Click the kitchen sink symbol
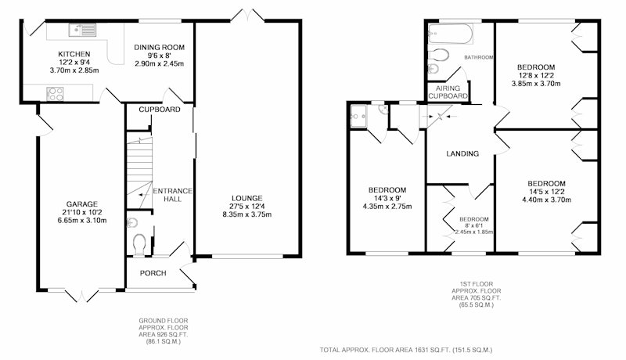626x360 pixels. [82, 30]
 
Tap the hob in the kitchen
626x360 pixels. [55, 94]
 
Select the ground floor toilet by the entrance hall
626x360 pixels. [139, 244]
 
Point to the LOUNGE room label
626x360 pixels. [247, 198]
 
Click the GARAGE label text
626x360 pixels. [82, 204]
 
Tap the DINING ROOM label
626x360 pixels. [160, 47]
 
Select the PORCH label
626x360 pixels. [153, 273]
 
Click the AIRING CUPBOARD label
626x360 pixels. [448, 92]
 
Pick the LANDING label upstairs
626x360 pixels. [462, 153]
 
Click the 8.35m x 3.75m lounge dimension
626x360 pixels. [247, 214]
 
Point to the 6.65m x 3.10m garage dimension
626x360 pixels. [82, 221]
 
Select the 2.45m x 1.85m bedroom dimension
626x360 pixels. [474, 232]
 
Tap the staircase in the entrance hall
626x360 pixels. [140, 172]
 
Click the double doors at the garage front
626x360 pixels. [82, 295]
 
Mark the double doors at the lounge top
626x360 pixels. [247, 16]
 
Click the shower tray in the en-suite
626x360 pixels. [358, 116]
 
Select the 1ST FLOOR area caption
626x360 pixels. [477, 294]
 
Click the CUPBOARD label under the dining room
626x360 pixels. [160, 110]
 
